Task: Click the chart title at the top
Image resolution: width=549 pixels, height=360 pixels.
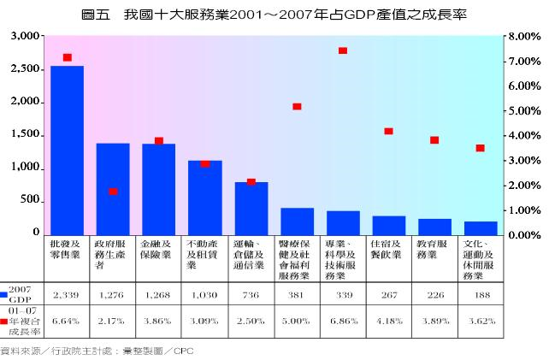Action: coord(274,15)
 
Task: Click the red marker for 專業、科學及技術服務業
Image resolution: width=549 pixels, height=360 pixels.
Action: coord(343,50)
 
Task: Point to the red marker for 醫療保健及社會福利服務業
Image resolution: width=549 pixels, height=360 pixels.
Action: coord(297,106)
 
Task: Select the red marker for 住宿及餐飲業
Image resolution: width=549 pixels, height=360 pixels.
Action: coord(388,131)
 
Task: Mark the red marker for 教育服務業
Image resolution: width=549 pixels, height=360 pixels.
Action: coord(434,139)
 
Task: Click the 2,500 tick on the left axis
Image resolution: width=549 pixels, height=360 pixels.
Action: coord(22,69)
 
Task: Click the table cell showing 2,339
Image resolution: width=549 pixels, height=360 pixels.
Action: coord(66,295)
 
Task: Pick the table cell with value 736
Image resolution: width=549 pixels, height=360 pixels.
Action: coord(250,295)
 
